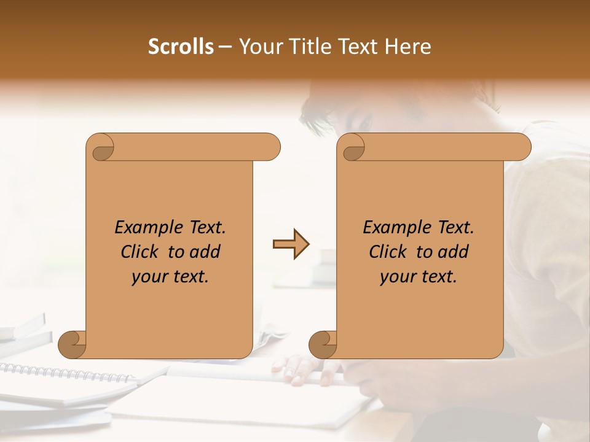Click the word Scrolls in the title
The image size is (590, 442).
pos(181,47)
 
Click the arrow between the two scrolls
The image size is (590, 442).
pos(291,244)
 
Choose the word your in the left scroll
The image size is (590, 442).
pos(147,277)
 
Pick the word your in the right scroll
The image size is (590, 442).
pos(396,277)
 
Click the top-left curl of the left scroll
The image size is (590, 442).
pos(102,148)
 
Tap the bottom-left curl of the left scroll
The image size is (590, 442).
pos(73,345)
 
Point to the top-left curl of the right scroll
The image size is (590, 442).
pos(353,148)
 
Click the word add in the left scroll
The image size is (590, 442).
pos(205,252)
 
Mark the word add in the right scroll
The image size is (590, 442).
pos(454,252)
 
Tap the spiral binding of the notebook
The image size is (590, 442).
pos(61,373)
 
